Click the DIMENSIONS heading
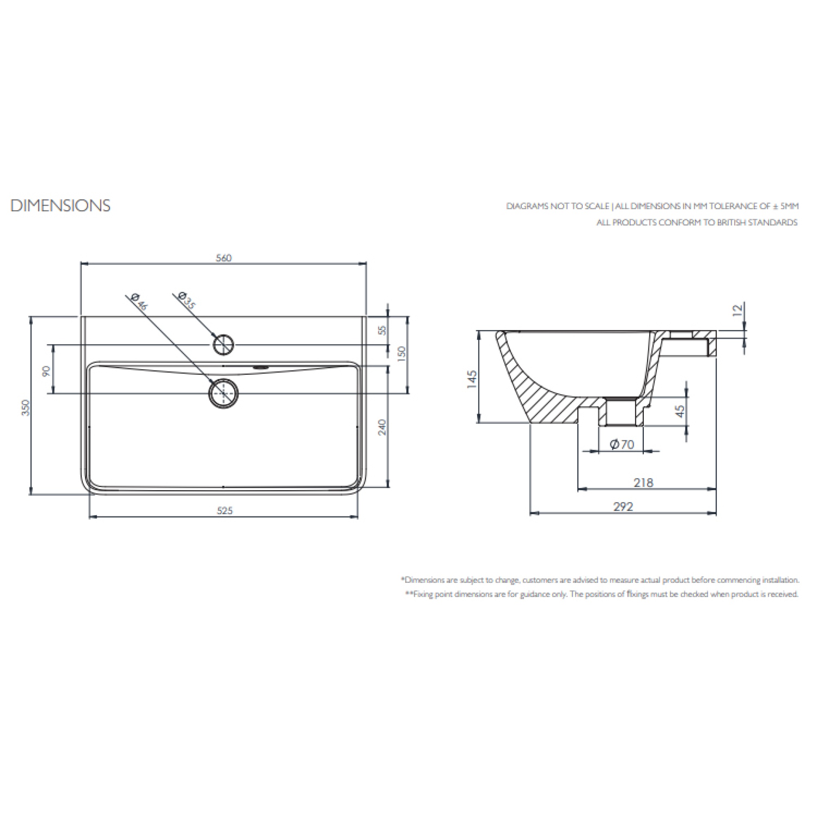[x=61, y=206]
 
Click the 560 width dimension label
[x=224, y=258]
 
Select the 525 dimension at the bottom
[x=224, y=511]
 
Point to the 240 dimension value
[x=382, y=427]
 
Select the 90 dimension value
[x=46, y=371]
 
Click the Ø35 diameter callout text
[x=187, y=300]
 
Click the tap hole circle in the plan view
[x=223, y=344]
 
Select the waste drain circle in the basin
[x=223, y=393]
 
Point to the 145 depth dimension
[x=472, y=379]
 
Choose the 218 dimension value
[x=643, y=482]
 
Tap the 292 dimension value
[x=624, y=506]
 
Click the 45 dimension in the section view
[x=680, y=411]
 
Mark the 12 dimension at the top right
[x=737, y=310]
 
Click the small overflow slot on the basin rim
[x=260, y=367]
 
